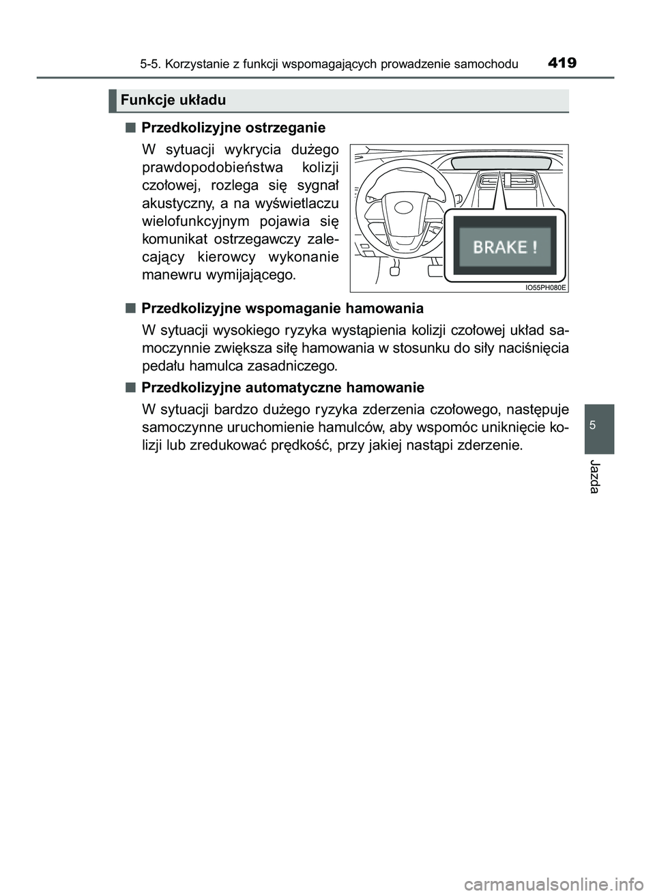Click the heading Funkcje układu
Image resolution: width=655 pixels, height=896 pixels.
coord(173,100)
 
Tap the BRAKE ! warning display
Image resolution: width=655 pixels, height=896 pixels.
coord(505,246)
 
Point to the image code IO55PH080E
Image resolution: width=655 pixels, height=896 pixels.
coord(546,287)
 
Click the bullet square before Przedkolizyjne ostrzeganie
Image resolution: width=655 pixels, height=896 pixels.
coord(130,127)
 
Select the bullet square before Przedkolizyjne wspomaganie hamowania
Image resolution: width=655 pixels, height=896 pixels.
coord(130,307)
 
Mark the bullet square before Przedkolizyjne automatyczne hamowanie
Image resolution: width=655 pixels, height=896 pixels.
coord(130,387)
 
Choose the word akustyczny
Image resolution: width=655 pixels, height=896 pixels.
coord(176,203)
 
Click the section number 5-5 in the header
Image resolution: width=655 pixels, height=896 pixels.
coord(150,65)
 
